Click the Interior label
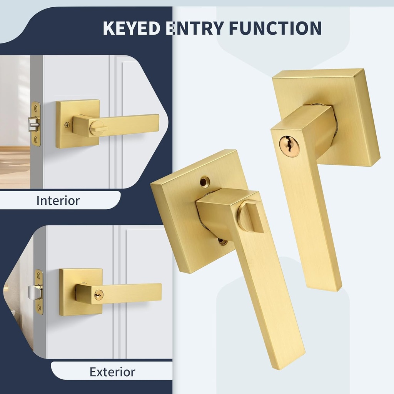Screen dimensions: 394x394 tap(58, 200)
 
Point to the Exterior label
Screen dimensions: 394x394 tap(112, 372)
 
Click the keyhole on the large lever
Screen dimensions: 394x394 tap(289, 147)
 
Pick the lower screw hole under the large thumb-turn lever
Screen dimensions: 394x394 tap(222, 241)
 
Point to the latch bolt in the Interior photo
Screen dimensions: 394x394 tap(33, 124)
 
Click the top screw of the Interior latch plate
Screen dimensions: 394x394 tap(36, 109)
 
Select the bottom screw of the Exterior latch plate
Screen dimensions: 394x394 tap(39, 307)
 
